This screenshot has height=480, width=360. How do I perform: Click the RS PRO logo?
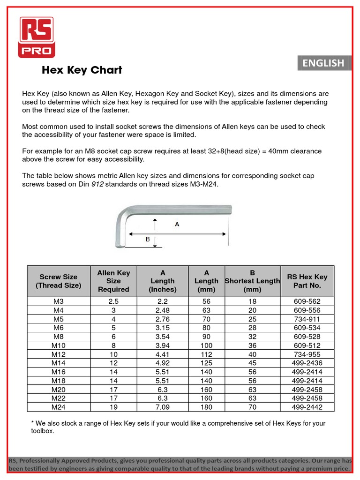pyautogui.click(x=37, y=37)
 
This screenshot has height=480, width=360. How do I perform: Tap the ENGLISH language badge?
pyautogui.click(x=323, y=63)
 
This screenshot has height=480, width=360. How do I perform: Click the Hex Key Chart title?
pyautogui.click(x=82, y=70)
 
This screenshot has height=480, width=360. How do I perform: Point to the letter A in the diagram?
pyautogui.click(x=177, y=225)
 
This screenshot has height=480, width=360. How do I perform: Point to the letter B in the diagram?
pyautogui.click(x=147, y=240)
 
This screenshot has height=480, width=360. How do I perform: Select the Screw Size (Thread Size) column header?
pyautogui.click(x=59, y=281)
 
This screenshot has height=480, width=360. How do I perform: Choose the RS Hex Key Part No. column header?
pyautogui.click(x=307, y=281)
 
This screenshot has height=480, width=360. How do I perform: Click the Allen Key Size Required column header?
pyautogui.click(x=113, y=281)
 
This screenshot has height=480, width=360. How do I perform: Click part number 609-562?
pyautogui.click(x=307, y=301)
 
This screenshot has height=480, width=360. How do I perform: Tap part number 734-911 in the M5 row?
pyautogui.click(x=307, y=319)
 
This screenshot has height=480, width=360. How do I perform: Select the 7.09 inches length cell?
pyautogui.click(x=162, y=407)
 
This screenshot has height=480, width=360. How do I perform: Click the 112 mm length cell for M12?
pyautogui.click(x=206, y=354)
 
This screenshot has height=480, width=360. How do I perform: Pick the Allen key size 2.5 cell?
pyautogui.click(x=113, y=301)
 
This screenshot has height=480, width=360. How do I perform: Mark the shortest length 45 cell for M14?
pyautogui.click(x=252, y=363)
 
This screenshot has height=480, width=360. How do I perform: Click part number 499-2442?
pyautogui.click(x=307, y=407)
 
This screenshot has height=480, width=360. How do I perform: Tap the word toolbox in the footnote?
pyautogui.click(x=43, y=431)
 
